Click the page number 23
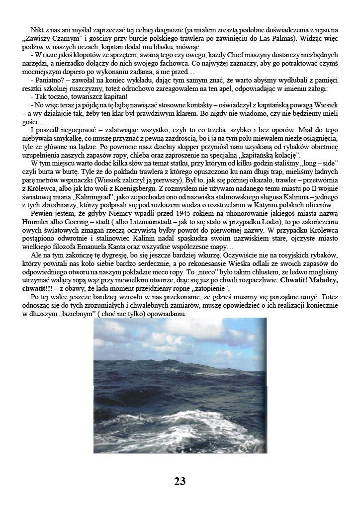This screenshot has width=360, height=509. coord(180,481)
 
